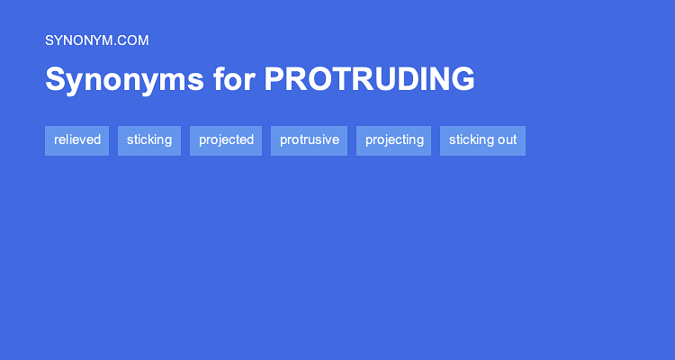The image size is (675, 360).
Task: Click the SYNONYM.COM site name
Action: [96, 40]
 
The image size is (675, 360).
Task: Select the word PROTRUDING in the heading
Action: [369, 79]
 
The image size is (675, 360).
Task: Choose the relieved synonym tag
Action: [76, 140]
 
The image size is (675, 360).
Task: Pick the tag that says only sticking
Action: [149, 140]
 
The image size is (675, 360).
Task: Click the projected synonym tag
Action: [226, 140]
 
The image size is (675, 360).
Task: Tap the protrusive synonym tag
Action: [309, 140]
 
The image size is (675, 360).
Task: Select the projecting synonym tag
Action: [394, 140]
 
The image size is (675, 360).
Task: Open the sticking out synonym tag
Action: [482, 140]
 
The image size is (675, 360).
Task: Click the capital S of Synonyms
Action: [55, 79]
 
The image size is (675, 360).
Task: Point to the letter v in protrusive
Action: [327, 140]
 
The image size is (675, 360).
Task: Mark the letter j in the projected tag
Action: [218, 141]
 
